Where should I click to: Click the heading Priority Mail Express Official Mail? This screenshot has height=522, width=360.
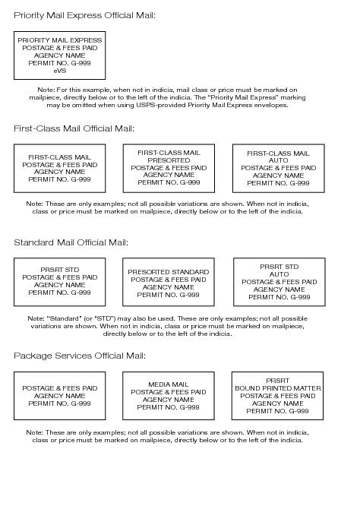point(84,15)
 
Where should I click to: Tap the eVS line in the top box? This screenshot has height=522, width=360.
point(59,70)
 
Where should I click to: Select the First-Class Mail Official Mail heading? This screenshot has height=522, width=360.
point(74,128)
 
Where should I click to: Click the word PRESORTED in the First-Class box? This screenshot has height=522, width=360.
point(169,160)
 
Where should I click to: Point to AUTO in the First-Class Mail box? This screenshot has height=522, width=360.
point(278,161)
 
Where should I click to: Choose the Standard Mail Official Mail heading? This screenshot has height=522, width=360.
point(71,242)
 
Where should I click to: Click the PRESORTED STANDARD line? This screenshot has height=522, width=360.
point(168,272)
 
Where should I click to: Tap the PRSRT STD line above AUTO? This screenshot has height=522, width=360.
point(279,267)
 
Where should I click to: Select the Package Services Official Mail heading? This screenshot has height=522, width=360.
point(79,356)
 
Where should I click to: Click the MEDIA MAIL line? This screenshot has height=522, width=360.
point(169,384)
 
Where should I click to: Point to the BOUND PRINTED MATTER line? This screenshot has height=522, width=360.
point(277,388)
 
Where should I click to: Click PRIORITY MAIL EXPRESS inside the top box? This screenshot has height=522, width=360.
point(59,40)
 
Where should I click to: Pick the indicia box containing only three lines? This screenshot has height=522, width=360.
point(59,396)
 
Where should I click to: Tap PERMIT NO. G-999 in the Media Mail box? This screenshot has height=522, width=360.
point(169,407)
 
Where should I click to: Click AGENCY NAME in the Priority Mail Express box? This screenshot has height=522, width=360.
point(59,55)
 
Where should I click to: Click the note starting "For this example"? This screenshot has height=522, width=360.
point(167,97)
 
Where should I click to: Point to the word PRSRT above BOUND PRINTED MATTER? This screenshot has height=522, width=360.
point(277,381)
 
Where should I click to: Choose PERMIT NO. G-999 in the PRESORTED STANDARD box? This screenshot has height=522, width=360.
point(168,295)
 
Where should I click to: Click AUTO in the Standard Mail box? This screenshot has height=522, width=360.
point(279,274)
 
